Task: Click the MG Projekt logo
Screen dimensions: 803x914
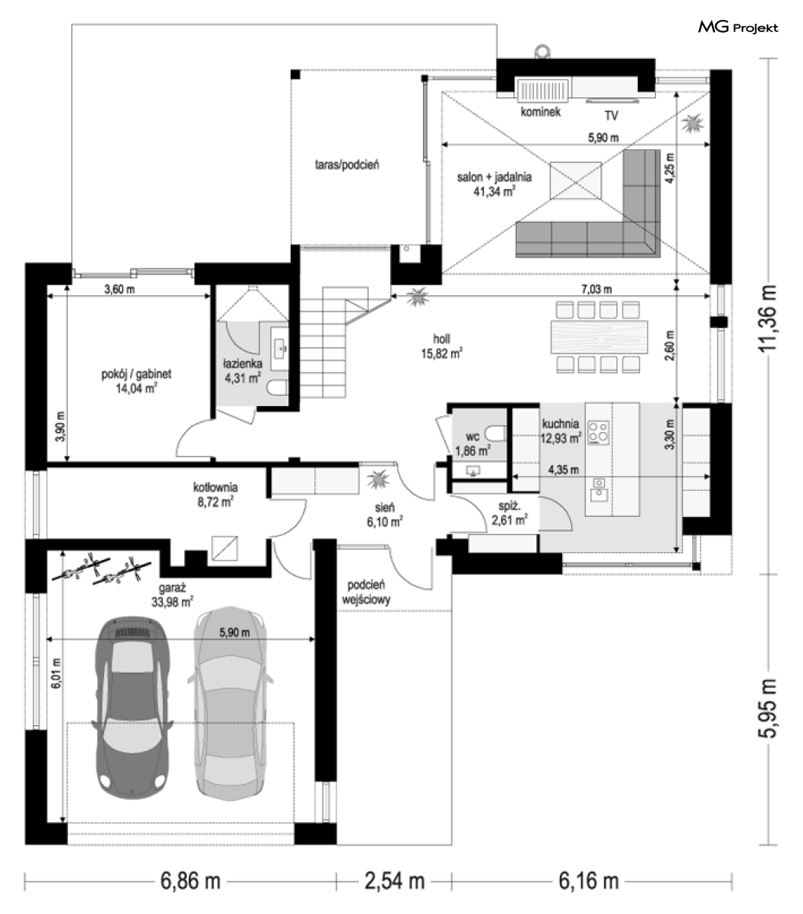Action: [738, 27]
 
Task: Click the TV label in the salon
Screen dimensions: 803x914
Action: [611, 115]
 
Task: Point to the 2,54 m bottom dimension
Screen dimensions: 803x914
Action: [395, 881]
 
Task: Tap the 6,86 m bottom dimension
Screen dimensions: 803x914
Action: [190, 881]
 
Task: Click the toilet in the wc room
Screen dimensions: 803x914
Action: [496, 434]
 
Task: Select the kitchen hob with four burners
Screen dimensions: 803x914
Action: [599, 433]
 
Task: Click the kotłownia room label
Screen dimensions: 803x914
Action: [215, 486]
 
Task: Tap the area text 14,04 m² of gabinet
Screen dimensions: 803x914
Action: [136, 389]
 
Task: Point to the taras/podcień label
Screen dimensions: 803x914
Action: [346, 165]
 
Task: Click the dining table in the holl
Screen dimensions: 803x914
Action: [600, 337]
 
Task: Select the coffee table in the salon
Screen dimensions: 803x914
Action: [576, 180]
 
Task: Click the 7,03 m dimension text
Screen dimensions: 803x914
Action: [596, 289]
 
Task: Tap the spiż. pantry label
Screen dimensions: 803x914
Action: [509, 506]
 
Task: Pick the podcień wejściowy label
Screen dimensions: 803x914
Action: [366, 592]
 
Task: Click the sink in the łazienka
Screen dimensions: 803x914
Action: [280, 347]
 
